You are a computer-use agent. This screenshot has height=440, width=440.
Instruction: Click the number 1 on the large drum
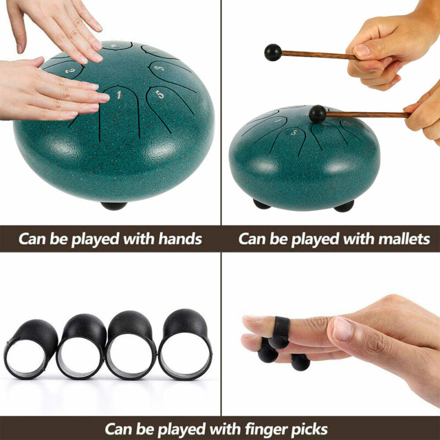119,95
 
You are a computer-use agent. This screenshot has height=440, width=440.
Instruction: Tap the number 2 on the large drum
70,71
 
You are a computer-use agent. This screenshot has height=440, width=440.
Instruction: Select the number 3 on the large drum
159,68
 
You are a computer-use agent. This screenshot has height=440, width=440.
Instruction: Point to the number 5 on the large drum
159,95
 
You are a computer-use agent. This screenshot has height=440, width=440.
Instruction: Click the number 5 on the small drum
294,132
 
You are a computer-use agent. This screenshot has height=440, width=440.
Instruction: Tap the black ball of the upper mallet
273,52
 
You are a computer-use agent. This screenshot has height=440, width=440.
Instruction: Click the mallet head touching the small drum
318,114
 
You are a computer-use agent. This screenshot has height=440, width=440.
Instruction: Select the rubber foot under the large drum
114,206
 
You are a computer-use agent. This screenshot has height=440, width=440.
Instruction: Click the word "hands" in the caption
180,239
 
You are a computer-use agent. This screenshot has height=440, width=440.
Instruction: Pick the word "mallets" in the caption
404,239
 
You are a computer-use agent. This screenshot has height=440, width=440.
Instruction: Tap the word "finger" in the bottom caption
266,429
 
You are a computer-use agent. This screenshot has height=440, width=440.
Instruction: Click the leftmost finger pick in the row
31,348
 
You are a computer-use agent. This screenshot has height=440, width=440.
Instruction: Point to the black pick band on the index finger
280,332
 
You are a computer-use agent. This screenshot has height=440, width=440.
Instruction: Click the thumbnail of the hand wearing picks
342,328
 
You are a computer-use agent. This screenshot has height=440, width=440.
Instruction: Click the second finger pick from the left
81,346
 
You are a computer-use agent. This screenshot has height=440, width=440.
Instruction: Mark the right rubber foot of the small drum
344,206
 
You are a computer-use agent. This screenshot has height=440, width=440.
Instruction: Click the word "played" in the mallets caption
315,239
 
